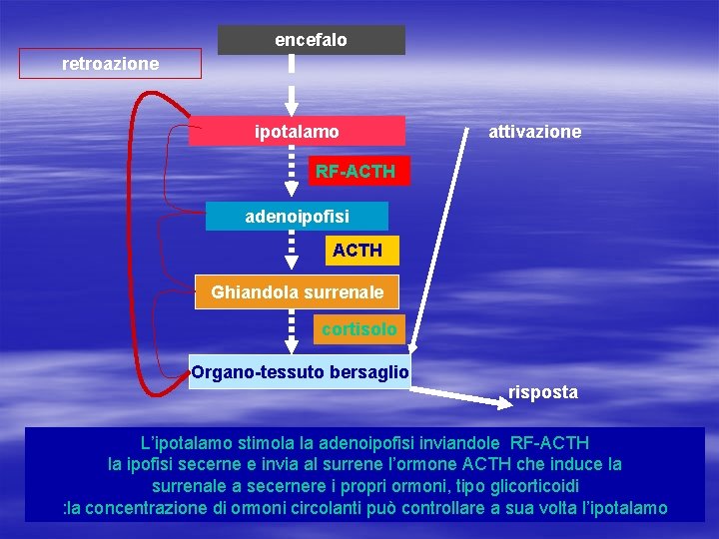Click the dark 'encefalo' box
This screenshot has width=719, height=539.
coord(312,40)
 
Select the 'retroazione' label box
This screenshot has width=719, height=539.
coord(110,64)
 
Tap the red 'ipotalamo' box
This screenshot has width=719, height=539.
coord(297,131)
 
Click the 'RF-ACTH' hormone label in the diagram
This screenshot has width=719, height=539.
coord(355,172)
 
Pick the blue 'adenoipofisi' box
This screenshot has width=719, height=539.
coord(297,216)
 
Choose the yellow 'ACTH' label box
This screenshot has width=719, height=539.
coord(357,251)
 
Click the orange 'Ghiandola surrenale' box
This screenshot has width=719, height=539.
coord(297,293)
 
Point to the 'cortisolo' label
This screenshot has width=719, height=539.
coord(359,328)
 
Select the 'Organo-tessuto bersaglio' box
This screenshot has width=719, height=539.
coord(300,372)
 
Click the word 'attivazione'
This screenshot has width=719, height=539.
coord(534,132)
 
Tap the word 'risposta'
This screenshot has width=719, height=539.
coord(542,392)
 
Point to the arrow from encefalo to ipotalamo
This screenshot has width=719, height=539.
coord(292,85)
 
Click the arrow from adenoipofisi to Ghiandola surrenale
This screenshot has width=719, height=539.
coord(292,251)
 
